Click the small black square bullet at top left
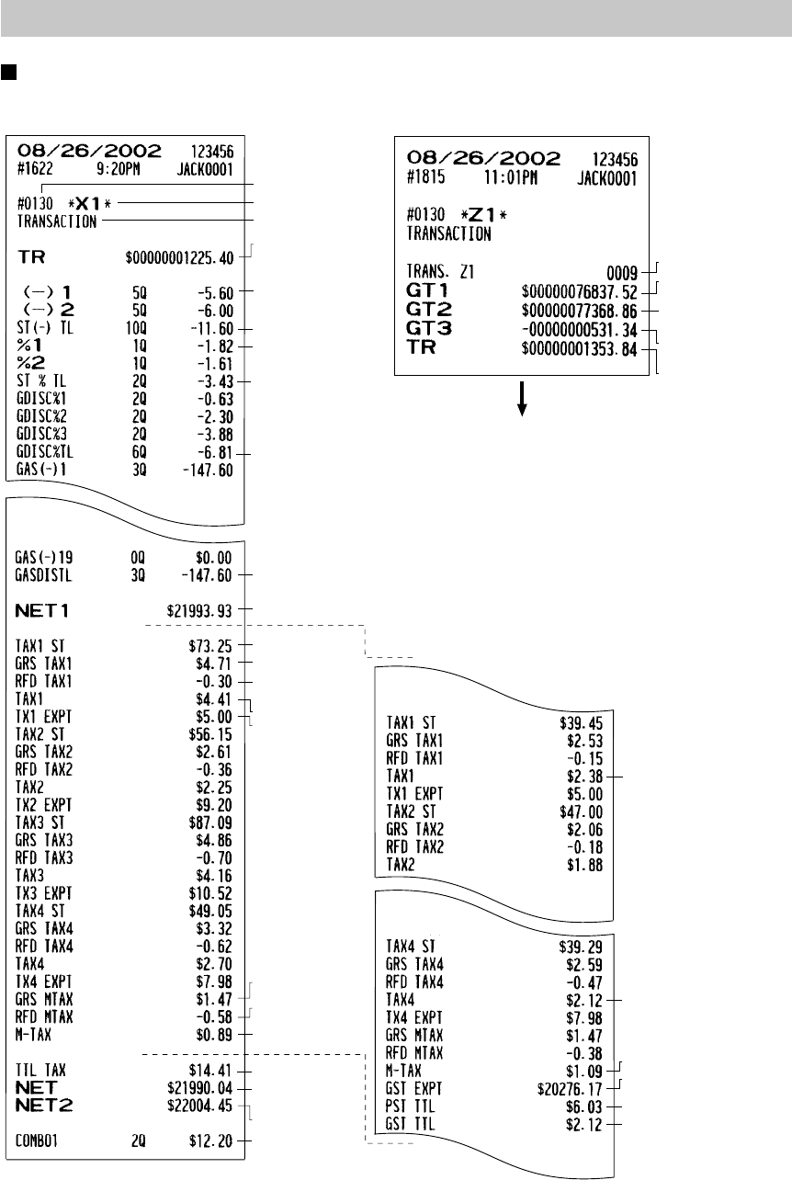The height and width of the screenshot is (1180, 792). [x=7, y=71]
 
